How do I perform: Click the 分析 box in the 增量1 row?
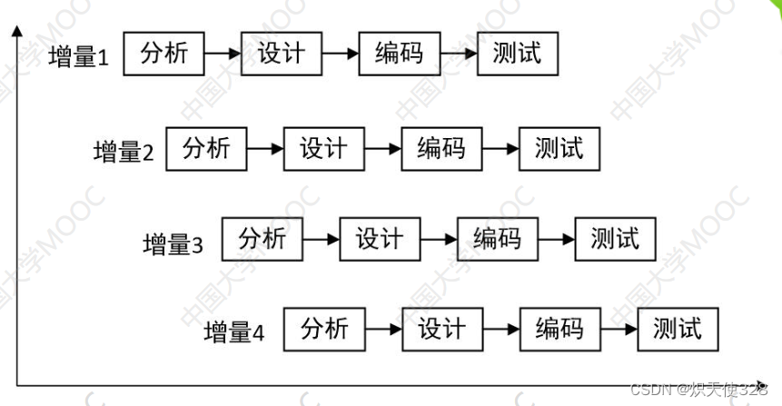(164, 54)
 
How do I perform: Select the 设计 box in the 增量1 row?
(282, 54)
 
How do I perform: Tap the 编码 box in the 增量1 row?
(400, 54)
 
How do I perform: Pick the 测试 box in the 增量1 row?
(518, 54)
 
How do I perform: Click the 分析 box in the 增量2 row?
(207, 148)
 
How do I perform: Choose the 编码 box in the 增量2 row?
(441, 148)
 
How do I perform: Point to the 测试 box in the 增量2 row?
(559, 148)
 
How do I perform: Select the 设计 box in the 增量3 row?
(380, 239)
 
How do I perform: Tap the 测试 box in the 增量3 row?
(616, 239)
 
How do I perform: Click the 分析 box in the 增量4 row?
(324, 329)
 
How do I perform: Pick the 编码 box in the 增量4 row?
(559, 329)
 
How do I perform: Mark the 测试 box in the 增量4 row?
(678, 329)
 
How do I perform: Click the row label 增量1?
(78, 57)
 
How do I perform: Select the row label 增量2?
(124, 152)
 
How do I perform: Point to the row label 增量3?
(173, 243)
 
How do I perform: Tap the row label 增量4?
(234, 332)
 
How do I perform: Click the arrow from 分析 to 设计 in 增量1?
(223, 54)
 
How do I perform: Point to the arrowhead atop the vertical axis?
(17, 32)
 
